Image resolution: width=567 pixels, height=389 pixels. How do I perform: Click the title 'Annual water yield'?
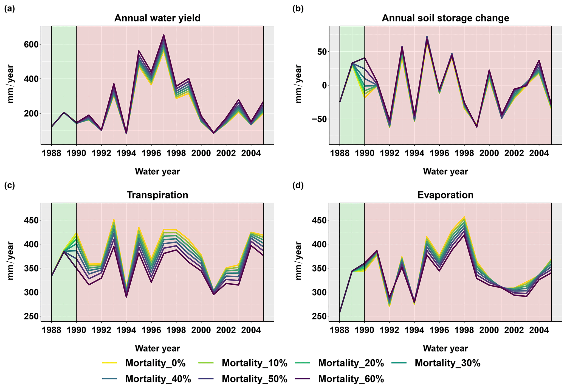tap(157, 18)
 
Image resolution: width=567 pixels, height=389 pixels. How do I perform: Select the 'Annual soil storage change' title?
tap(445, 18)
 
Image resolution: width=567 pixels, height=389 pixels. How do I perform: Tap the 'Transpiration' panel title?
tap(157, 195)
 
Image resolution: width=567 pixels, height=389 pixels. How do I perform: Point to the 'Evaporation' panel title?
tap(445, 195)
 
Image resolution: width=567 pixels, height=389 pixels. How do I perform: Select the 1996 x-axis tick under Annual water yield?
tap(151, 153)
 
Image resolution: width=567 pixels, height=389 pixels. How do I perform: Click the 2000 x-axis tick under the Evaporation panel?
tap(489, 330)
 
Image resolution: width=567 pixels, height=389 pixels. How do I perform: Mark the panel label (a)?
tap(10, 9)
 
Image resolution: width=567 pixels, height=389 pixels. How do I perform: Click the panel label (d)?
tap(298, 186)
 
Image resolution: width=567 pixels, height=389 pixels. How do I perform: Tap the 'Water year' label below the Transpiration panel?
tap(157, 348)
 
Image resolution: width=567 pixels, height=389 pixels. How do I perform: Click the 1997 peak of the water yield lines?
tap(164, 35)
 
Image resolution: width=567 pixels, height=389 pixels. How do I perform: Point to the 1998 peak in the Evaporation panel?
tap(464, 217)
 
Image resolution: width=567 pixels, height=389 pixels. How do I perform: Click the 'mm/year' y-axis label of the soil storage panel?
tap(298, 84)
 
